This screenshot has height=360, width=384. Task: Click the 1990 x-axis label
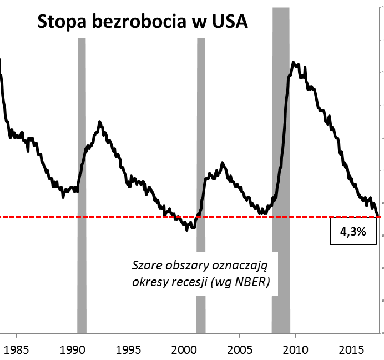click(72, 351)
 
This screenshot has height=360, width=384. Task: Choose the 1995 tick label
click(128, 351)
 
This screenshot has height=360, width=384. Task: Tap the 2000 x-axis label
click(184, 351)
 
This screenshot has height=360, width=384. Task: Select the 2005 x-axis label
click(239, 351)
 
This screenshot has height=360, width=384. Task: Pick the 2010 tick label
click(295, 351)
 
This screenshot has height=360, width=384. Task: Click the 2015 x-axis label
click(351, 351)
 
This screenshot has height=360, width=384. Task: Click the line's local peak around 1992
click(99, 121)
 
